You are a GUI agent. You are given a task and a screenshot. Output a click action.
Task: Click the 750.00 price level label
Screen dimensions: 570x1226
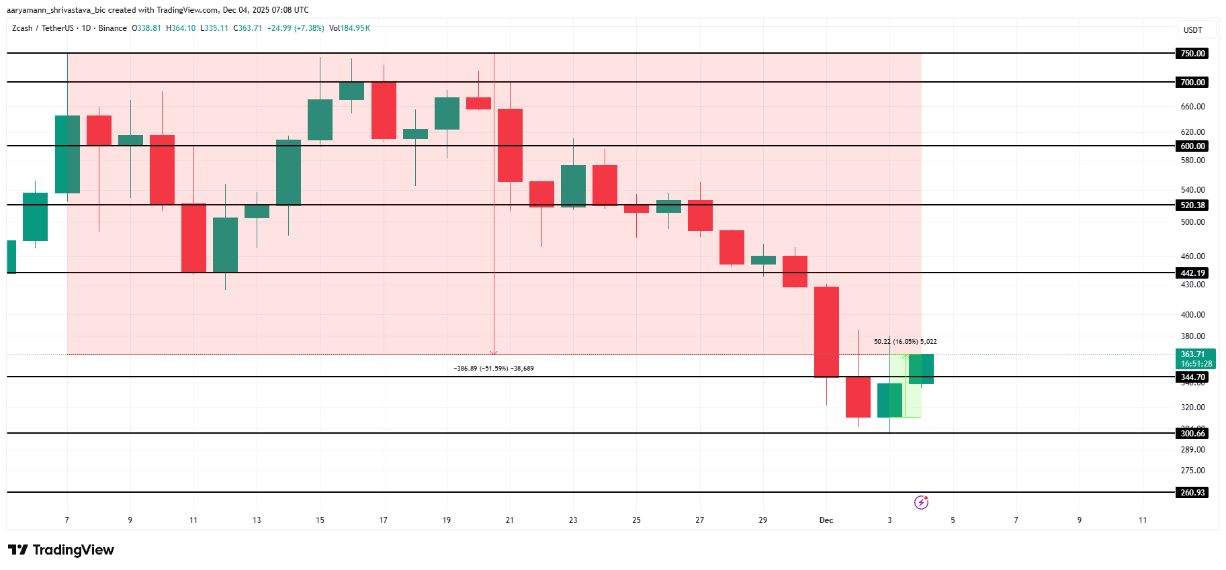(x=1192, y=54)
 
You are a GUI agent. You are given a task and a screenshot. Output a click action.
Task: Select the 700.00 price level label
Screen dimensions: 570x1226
(x=1192, y=83)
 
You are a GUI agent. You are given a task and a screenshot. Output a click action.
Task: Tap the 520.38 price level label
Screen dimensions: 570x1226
(x=1192, y=205)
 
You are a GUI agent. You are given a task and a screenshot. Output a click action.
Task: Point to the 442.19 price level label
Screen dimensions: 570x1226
(x=1192, y=273)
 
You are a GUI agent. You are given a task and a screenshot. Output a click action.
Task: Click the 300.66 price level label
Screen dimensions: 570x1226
(x=1192, y=434)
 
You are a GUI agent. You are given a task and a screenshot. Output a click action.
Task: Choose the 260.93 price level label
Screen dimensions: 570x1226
(x=1192, y=493)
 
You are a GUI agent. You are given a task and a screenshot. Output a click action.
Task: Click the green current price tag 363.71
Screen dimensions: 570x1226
(x=1196, y=359)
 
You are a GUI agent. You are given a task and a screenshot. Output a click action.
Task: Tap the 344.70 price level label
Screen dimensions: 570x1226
(x=1192, y=377)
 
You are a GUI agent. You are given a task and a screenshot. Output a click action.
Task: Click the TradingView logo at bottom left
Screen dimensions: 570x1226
(x=61, y=550)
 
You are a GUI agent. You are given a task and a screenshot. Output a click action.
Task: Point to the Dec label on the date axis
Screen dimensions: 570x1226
(x=826, y=520)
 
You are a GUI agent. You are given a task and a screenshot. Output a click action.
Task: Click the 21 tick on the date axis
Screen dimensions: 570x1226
(x=510, y=520)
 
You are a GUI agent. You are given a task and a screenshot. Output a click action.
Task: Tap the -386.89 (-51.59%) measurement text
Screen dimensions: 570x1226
(x=494, y=369)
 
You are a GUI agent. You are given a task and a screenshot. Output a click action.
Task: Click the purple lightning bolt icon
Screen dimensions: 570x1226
(x=921, y=502)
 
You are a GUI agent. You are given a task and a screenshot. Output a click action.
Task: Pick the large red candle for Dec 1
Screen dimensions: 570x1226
(x=826, y=332)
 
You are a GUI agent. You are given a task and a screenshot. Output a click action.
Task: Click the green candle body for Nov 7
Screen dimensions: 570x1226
(x=67, y=154)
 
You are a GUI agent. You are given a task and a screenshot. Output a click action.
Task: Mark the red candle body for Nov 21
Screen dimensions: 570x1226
(x=510, y=145)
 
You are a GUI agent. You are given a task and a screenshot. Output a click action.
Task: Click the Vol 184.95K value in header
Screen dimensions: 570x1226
(x=349, y=28)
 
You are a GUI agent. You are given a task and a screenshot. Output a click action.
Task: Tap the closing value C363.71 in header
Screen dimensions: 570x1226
(x=248, y=28)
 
